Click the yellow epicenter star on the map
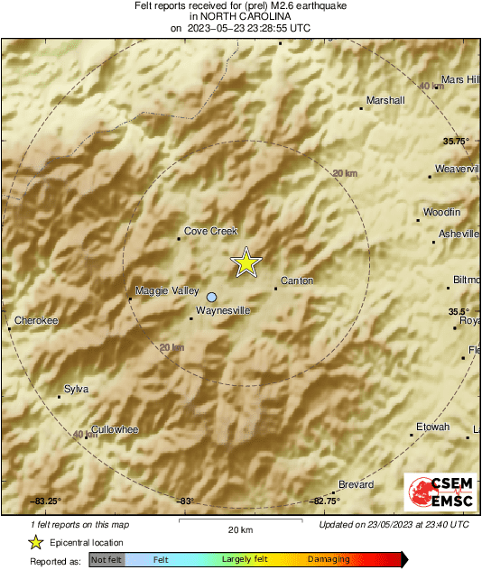[x=246, y=262]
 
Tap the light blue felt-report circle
[x=212, y=297]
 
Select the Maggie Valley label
[x=167, y=290]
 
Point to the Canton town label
[x=297, y=280]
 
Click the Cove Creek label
[x=210, y=231]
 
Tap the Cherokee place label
[x=36, y=320]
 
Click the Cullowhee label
[x=115, y=429]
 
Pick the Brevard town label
[x=357, y=484]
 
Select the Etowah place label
[x=432, y=426]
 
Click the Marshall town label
[x=385, y=100]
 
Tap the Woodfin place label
[x=442, y=212]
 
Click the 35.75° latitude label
[x=456, y=141]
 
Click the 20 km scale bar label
[x=238, y=529]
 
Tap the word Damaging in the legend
[x=329, y=559]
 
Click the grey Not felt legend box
[x=107, y=559]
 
